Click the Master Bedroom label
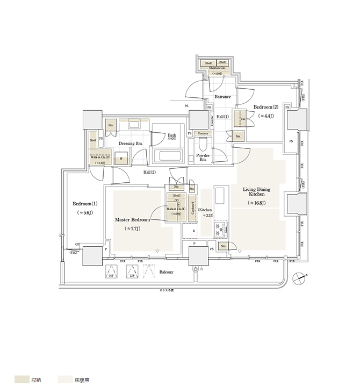[x=132, y=220]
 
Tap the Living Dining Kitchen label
[x=256, y=193]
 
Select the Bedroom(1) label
[x=85, y=204]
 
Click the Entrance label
[x=222, y=97]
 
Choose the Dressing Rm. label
[x=130, y=143]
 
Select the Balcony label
[x=166, y=272]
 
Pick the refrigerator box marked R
[x=186, y=232]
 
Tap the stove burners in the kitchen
[x=220, y=231]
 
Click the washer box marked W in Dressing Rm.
[x=121, y=159]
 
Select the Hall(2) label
[x=149, y=172]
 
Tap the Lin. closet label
[x=111, y=125]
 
